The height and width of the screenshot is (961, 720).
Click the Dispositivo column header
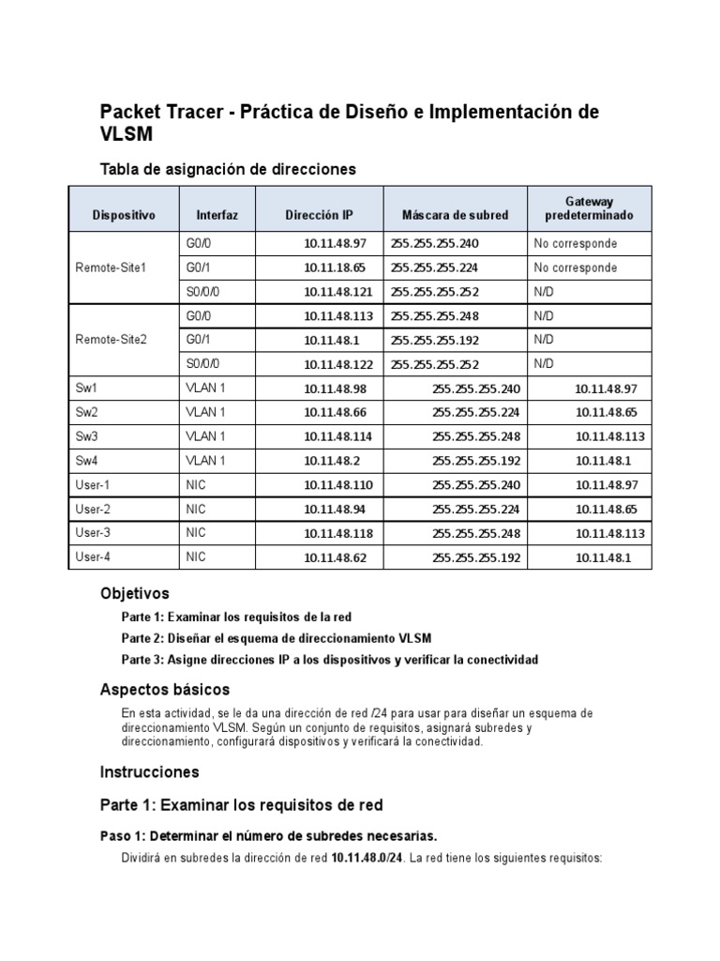coord(124,215)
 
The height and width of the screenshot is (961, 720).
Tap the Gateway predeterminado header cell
coord(589,208)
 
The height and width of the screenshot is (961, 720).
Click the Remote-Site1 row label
coord(111,267)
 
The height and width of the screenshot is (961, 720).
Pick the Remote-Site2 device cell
coord(111,339)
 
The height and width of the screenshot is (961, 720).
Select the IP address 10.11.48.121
coord(335,292)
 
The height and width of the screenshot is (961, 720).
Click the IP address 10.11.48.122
coord(335,363)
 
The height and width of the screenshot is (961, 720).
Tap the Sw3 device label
coord(86,435)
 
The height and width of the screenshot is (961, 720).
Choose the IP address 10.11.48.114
coord(335,435)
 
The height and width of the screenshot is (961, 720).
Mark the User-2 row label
coord(93,509)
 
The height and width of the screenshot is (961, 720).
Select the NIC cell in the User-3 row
coord(196,533)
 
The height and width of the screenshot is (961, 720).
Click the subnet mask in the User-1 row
coord(476,484)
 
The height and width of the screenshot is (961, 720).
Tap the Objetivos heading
coord(135,593)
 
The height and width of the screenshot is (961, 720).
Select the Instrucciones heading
coord(150,771)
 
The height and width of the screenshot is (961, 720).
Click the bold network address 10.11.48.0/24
coord(367,858)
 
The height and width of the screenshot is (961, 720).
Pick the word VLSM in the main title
coord(126,135)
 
